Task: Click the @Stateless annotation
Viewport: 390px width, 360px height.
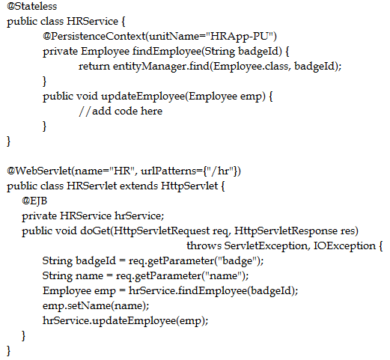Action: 32,6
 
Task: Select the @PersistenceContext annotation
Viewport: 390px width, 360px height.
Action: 94,37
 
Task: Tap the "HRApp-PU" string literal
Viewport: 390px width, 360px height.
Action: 240,36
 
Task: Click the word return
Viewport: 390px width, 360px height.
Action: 94,67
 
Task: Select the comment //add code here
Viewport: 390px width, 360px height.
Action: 121,112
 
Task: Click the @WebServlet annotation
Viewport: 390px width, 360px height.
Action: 39,171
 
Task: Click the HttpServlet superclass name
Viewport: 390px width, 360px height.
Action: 189,186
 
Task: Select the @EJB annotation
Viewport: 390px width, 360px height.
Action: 34,201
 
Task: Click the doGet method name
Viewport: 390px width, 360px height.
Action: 95,231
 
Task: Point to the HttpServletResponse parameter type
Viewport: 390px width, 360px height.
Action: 286,231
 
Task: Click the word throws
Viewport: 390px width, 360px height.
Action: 204,245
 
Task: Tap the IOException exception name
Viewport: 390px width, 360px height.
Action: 344,245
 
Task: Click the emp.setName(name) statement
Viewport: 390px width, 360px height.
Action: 96,306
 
